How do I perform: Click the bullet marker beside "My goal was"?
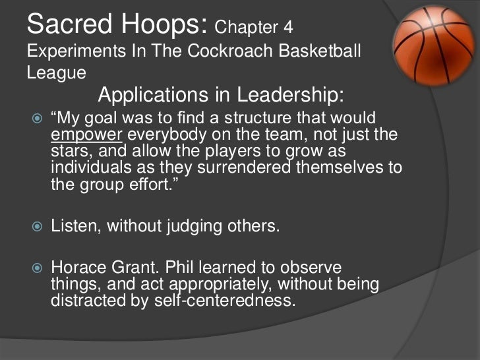36,119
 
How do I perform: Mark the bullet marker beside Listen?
36,227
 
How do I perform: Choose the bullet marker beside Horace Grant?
36,269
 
